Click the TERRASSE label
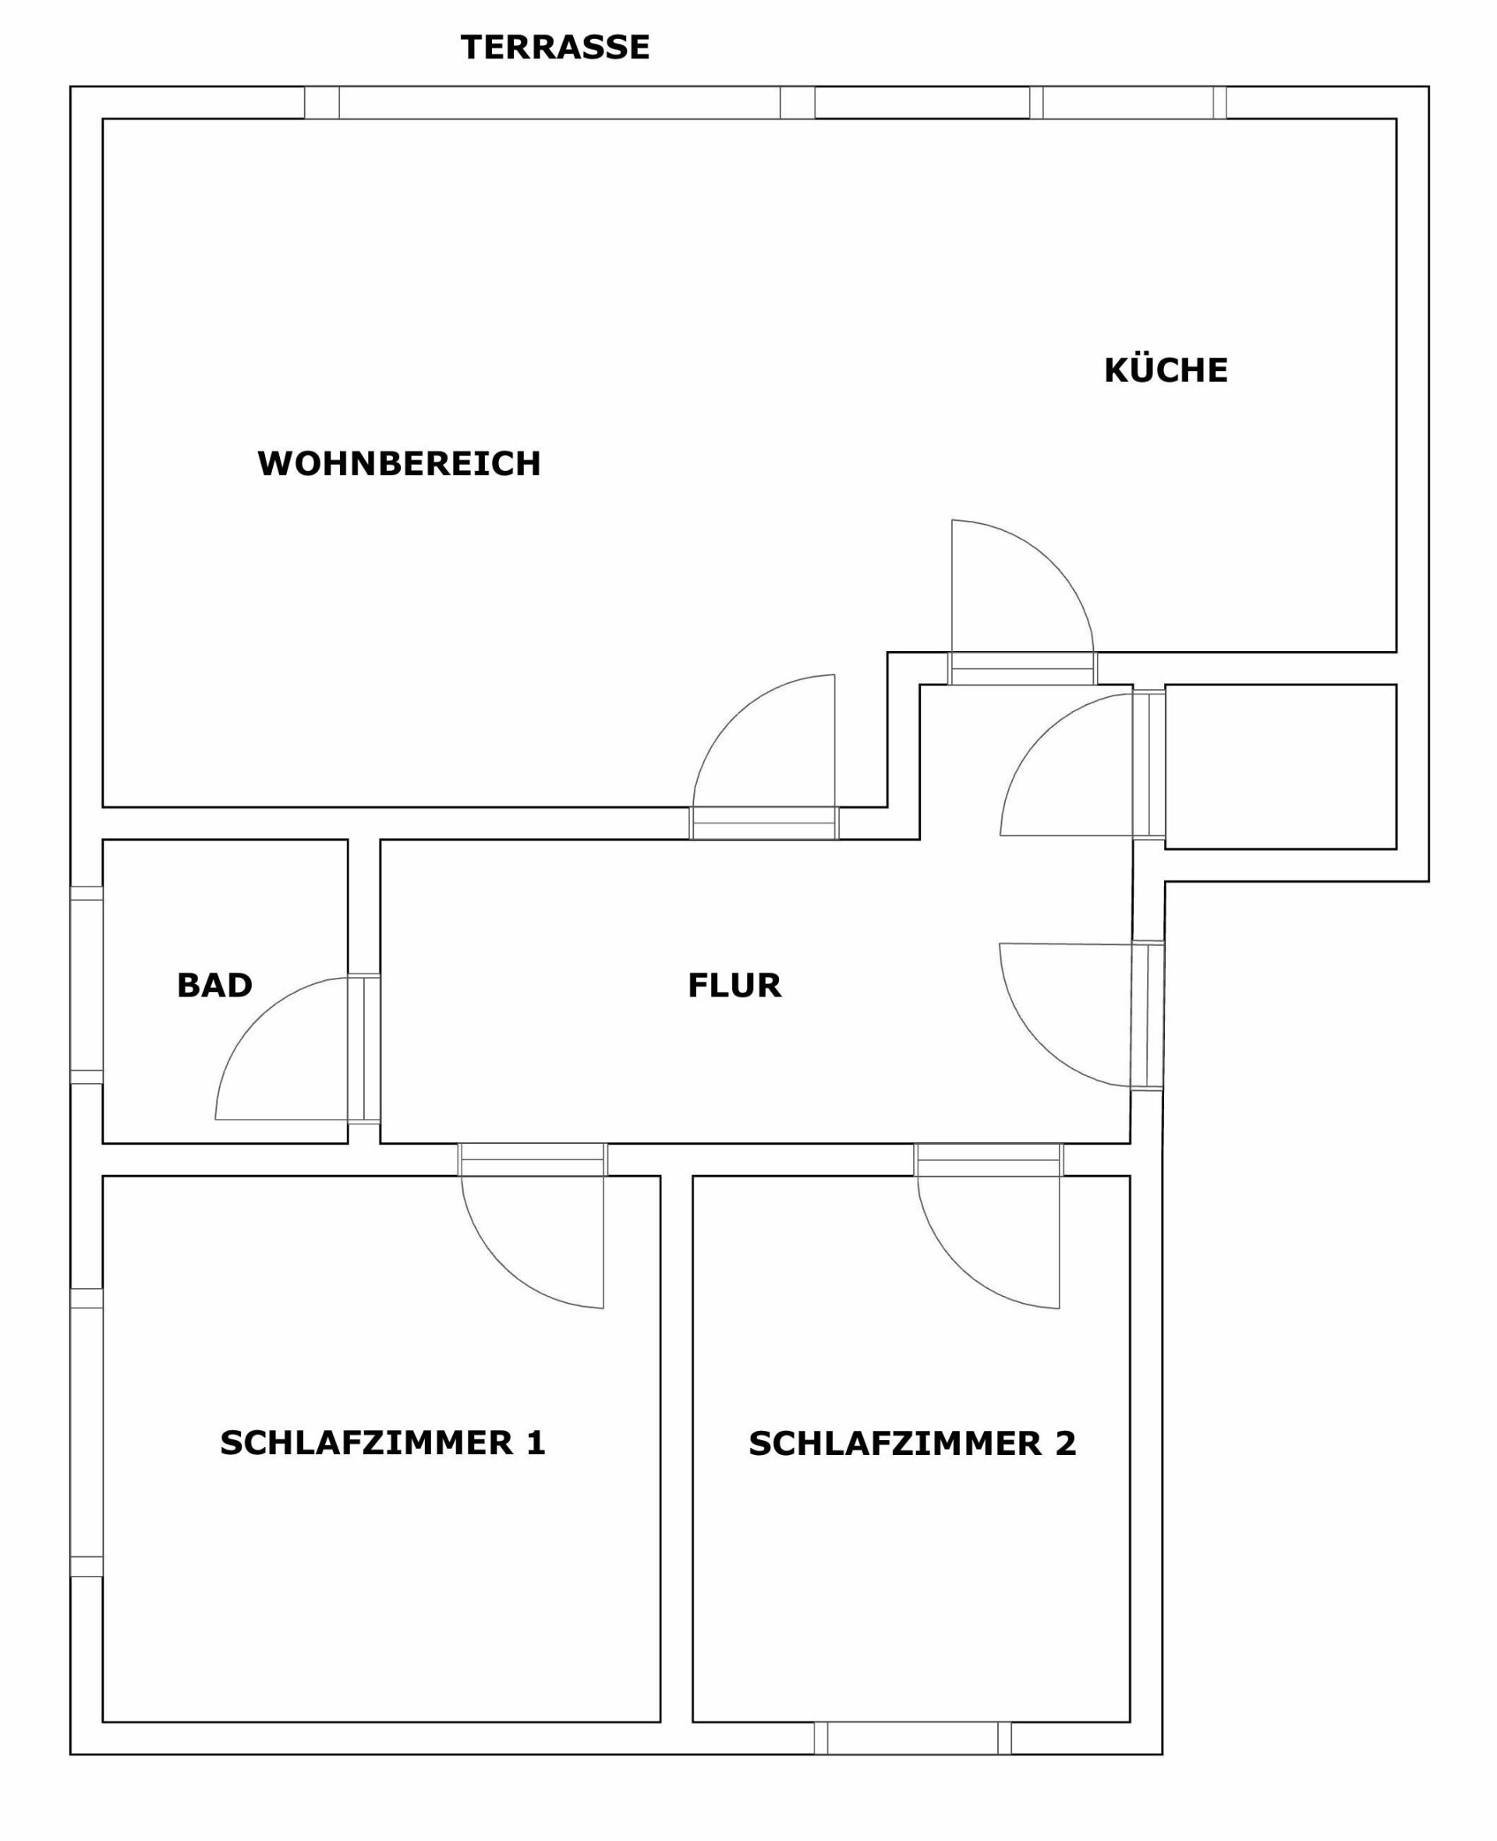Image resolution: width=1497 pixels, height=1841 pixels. tap(554, 48)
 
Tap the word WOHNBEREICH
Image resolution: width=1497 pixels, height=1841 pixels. tap(399, 463)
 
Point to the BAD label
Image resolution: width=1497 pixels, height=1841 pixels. tap(214, 985)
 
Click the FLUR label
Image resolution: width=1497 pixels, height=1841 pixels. tap(734, 985)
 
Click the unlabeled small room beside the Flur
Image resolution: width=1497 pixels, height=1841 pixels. tap(1280, 766)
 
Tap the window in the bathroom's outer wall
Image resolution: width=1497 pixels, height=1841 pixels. tap(87, 985)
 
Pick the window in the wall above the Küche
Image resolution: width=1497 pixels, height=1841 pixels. tap(1128, 103)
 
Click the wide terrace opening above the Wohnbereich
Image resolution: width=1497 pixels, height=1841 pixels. tap(560, 103)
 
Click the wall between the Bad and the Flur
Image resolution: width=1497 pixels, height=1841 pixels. tap(364, 992)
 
